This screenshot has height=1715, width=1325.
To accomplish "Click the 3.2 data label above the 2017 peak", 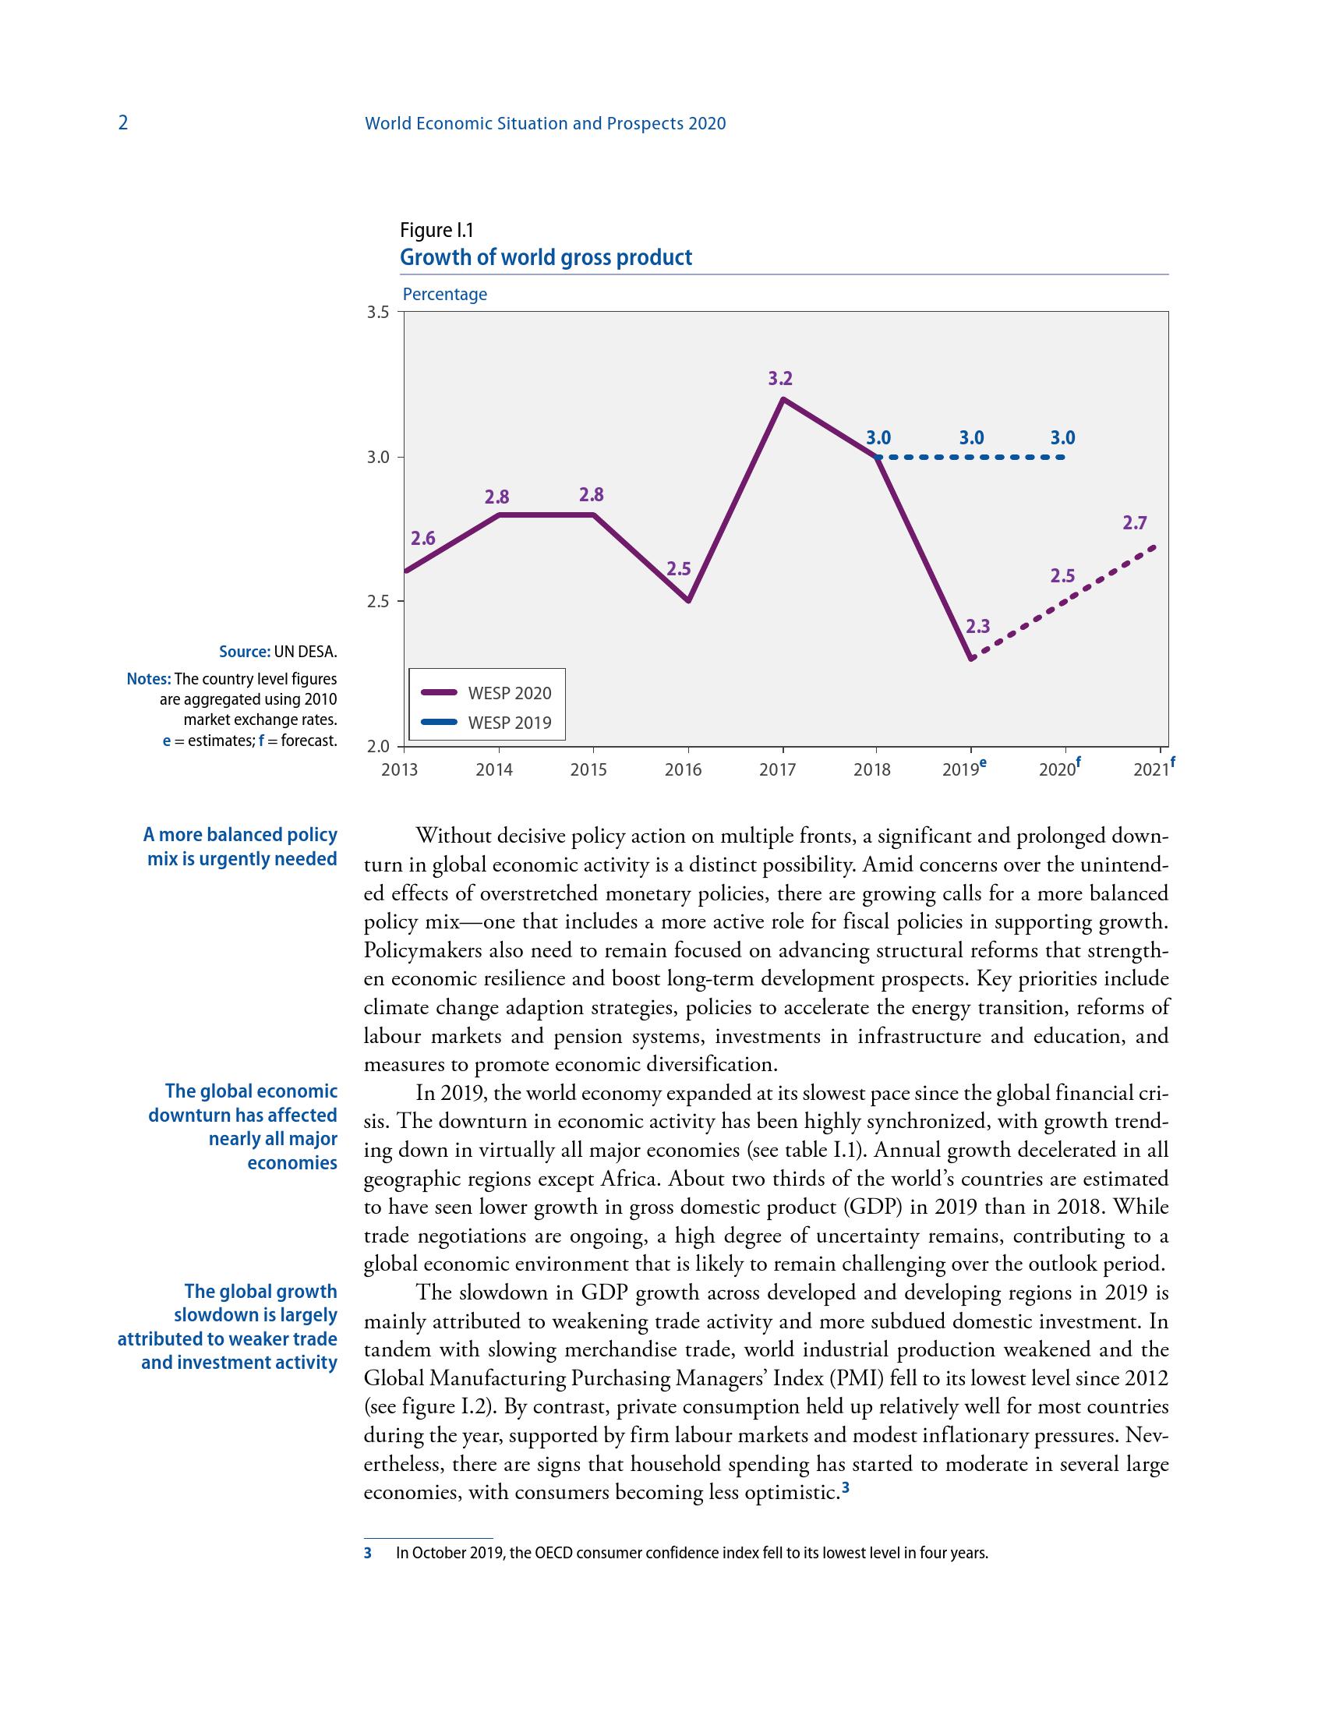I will (780, 379).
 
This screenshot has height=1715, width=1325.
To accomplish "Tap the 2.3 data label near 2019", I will (977, 627).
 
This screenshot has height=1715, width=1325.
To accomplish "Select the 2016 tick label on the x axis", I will (683, 770).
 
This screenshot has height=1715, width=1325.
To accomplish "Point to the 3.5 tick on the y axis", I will (377, 313).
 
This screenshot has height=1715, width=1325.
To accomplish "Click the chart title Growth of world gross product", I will (546, 257).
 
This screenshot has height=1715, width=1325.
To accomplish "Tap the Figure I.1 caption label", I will (436, 230).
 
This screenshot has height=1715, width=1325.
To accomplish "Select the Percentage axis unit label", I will (444, 295).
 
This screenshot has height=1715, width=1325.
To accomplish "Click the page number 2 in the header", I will (122, 123).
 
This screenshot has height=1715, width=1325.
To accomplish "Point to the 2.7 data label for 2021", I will (1135, 523).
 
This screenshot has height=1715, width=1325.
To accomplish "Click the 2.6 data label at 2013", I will (423, 538).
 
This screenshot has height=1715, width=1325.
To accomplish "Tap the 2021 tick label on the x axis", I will (1150, 770).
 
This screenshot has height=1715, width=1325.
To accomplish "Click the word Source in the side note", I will (244, 652).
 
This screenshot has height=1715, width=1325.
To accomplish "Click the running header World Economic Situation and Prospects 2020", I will (546, 123).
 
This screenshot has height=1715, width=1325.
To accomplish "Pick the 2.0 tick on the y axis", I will (377, 746).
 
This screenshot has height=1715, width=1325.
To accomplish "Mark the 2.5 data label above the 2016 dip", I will (678, 568).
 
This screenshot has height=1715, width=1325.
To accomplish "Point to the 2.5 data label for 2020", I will (1062, 575).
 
